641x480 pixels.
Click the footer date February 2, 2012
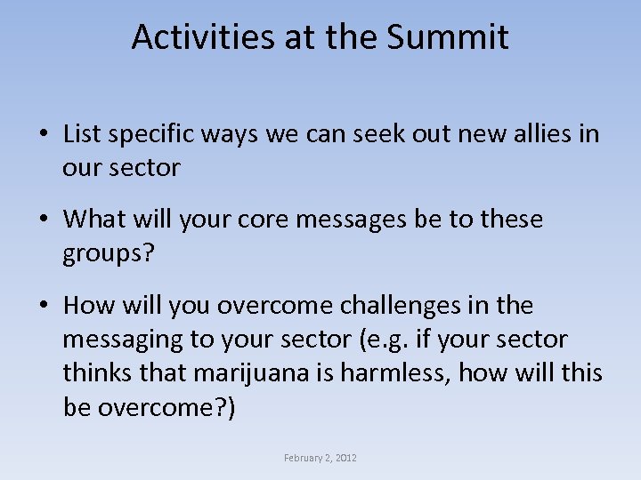tap(320, 458)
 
